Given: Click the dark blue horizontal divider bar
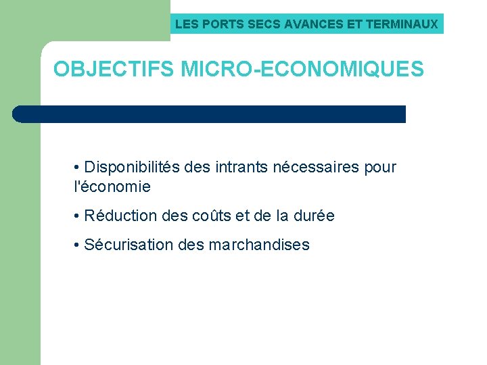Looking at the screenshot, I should point(209,114).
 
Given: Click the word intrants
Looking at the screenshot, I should point(242,167).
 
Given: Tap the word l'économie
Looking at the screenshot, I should point(112,187).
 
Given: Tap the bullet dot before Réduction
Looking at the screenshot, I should point(78,216).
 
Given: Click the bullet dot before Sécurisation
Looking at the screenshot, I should point(78,245).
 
